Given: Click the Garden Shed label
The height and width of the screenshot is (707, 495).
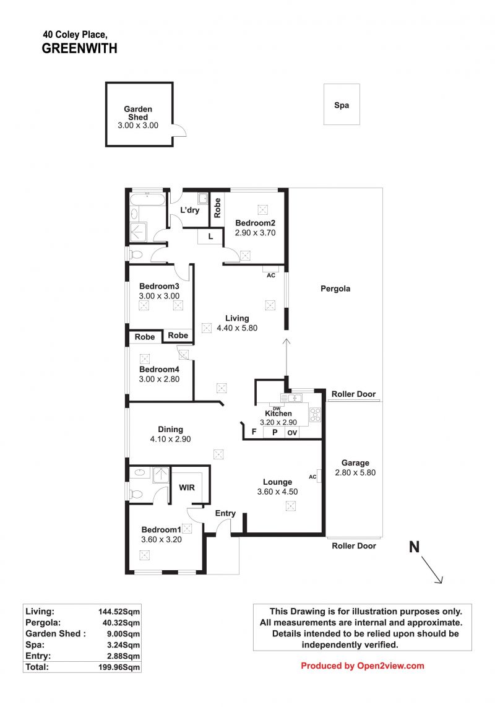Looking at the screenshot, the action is pos(138,113).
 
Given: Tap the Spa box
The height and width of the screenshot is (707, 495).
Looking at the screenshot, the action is pos(342,104).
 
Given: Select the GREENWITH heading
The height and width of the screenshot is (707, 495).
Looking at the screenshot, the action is pos(79,49).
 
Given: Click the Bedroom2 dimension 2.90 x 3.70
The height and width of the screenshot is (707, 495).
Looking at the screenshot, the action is pos(255,233).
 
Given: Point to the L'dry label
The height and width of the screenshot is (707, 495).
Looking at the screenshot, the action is pos(190,210).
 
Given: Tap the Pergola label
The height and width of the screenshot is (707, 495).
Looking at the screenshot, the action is pos(335,288).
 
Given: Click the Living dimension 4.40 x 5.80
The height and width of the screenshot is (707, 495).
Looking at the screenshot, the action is pos(237,328).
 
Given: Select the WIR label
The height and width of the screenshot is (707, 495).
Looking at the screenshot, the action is pos(187,487).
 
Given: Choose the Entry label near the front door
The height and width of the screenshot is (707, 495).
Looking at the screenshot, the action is pos(225,513).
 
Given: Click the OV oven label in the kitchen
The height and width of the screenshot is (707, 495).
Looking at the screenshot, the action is pos(292,433).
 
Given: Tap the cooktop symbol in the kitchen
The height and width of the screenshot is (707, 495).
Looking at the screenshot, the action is pos(315,414).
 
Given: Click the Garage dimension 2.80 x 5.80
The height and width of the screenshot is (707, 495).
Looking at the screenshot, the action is pos(355,472).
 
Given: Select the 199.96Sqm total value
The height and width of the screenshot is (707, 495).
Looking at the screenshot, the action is pos(119,667).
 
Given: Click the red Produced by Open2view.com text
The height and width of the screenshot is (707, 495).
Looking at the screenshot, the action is pos(363,666).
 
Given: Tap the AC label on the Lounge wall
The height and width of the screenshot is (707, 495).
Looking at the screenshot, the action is pos(312,477).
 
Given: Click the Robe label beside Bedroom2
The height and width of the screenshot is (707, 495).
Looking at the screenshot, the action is pos(217,208).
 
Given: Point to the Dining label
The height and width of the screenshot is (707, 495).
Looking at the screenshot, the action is pos(170,429).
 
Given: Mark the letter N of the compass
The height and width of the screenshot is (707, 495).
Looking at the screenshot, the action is pos(415,547).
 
